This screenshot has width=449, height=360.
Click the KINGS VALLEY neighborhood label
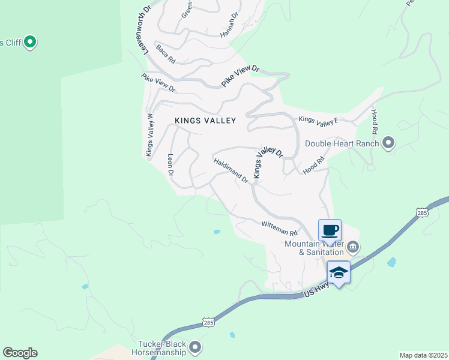(205, 121)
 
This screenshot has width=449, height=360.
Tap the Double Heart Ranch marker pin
(388, 143)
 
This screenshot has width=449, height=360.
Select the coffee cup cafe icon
(330, 230)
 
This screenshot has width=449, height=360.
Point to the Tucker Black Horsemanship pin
(195, 347)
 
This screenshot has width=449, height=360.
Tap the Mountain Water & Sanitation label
(315, 248)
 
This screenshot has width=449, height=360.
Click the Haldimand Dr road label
(231, 170)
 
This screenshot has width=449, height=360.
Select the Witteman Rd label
(279, 228)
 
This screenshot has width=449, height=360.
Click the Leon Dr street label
(170, 165)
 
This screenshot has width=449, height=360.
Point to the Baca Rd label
(165, 55)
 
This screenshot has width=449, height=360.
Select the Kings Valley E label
(319, 120)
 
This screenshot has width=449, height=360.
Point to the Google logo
(20, 353)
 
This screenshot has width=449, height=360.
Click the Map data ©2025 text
(423, 355)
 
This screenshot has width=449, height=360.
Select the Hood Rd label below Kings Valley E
(314, 166)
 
